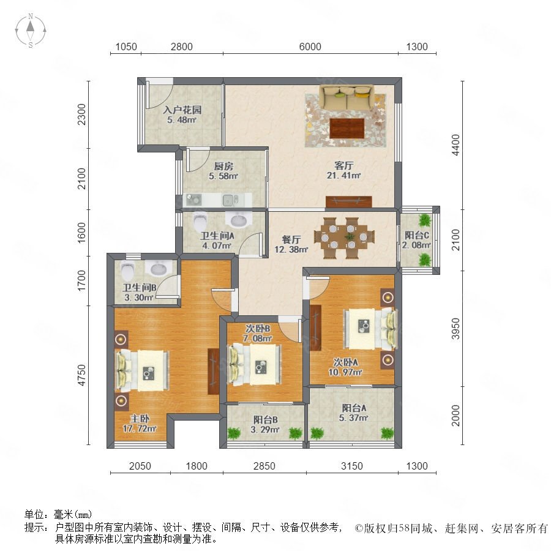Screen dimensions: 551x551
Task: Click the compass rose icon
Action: tap(31, 31)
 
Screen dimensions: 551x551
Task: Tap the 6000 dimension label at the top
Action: tap(310, 47)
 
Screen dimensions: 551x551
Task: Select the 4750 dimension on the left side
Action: tap(81, 375)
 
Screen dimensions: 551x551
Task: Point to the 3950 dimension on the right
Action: tap(455, 329)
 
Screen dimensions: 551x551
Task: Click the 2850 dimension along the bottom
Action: tap(264, 466)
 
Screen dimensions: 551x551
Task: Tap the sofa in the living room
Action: tap(347, 98)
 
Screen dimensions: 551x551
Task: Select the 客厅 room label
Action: tap(343, 165)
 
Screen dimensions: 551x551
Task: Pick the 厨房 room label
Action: tap(223, 166)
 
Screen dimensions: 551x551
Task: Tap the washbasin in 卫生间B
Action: tap(160, 269)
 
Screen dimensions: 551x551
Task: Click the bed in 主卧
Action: tap(143, 370)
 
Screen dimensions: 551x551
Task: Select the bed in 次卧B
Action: tap(255, 364)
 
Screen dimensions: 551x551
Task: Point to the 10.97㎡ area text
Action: tap(345, 372)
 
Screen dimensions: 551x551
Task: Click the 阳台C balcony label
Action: tap(416, 235)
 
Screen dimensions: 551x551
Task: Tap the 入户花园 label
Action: tap(182, 110)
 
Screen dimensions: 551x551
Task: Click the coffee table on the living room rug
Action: tap(347, 129)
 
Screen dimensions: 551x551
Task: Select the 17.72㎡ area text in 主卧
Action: tap(140, 429)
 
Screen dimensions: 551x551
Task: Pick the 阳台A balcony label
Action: tap(354, 408)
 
